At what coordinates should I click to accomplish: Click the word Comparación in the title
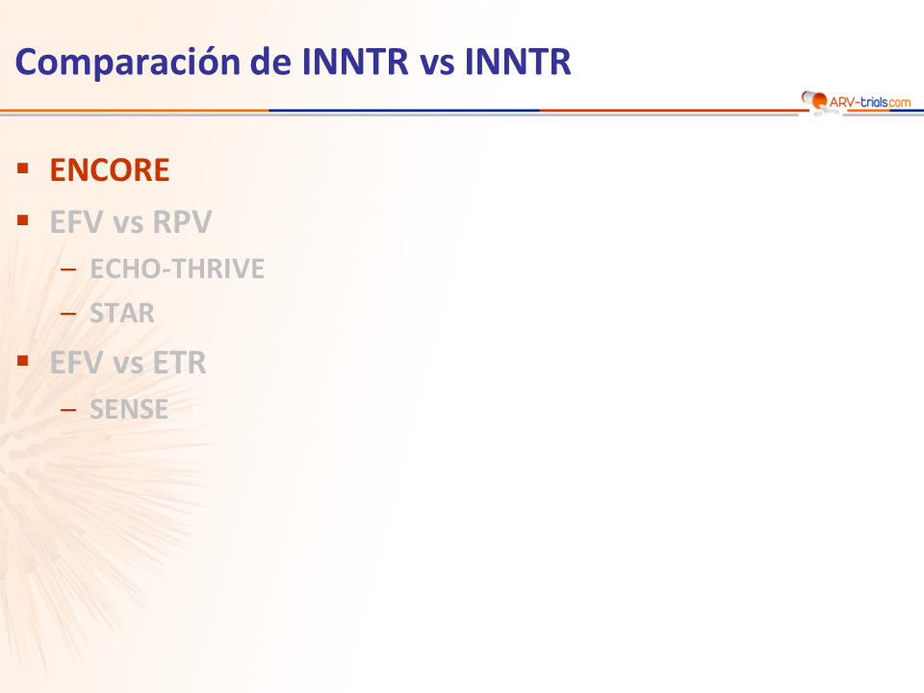[128, 63]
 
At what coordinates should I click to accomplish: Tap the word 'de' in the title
[270, 62]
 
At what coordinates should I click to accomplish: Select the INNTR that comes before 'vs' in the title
[355, 62]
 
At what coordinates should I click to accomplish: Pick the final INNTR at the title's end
[518, 62]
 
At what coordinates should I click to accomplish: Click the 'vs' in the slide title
[437, 64]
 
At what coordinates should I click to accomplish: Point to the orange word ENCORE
[110, 170]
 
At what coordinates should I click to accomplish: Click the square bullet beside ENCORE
[23, 169]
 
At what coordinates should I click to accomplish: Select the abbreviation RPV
[182, 222]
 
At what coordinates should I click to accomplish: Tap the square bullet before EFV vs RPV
[23, 220]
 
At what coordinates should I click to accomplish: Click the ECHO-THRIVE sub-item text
[177, 269]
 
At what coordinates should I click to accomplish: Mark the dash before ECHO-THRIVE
[68, 269]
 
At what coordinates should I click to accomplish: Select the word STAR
[122, 313]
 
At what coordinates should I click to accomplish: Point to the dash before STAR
[68, 314]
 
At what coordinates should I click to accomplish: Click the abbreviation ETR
[180, 363]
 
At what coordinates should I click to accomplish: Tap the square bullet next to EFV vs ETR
[23, 361]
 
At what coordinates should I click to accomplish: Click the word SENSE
[128, 409]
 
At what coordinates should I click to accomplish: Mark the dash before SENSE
[68, 409]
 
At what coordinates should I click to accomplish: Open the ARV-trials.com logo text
[870, 102]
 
